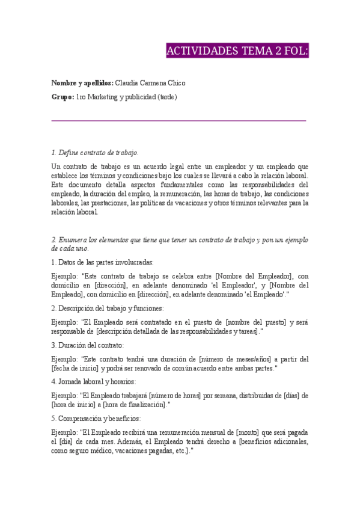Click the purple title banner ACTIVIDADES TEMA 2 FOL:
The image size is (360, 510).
coord(237,51)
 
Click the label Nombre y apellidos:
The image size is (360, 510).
coord(82,82)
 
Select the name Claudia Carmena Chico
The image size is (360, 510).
coord(150,82)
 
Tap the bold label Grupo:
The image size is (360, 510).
coord(63,97)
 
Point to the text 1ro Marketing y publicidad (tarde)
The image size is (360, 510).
coord(127,97)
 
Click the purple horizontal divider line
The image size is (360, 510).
coord(179,121)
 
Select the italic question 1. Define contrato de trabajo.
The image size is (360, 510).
coord(95,153)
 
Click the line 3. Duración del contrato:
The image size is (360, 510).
coord(88,345)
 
